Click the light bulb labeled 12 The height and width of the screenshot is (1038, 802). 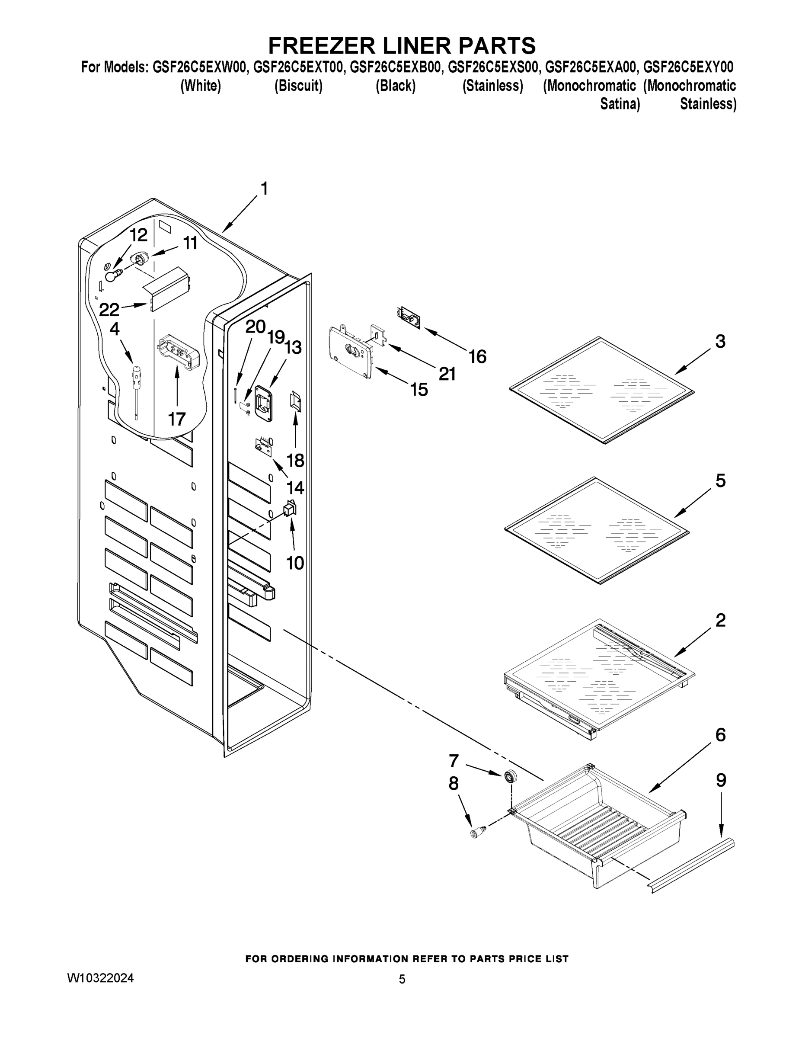point(112,275)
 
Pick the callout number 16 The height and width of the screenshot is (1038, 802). point(477,356)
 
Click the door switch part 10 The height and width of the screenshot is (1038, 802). point(289,509)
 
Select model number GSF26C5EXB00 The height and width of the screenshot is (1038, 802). point(395,67)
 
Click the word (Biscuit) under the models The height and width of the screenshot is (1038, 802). point(298,86)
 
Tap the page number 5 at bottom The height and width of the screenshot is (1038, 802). point(402,979)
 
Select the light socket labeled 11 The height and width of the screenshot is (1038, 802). point(141,259)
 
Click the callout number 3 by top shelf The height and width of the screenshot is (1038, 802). point(720,341)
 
